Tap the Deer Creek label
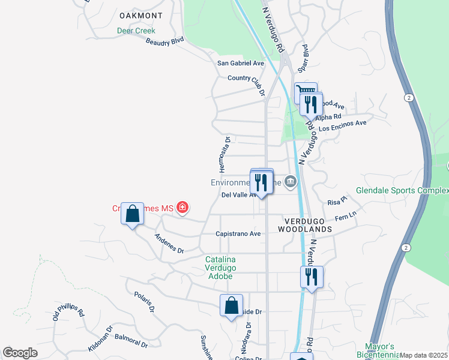(x=136, y=31)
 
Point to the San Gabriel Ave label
(x=241, y=63)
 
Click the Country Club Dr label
(x=246, y=78)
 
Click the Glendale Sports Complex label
(x=402, y=191)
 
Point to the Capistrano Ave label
(x=238, y=234)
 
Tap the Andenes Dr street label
(x=169, y=244)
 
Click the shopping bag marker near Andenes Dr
(x=132, y=213)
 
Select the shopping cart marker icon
(x=306, y=91)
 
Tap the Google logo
(x=20, y=353)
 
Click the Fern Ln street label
(x=345, y=216)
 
